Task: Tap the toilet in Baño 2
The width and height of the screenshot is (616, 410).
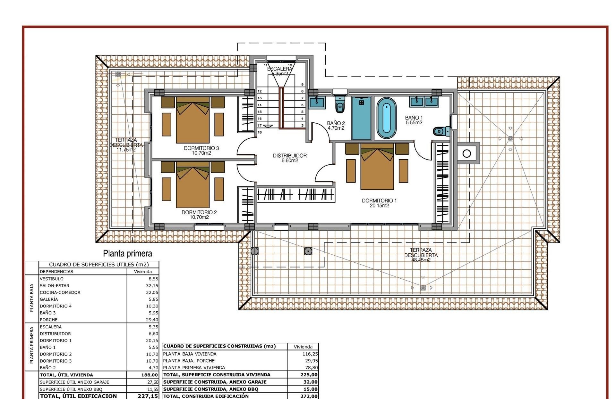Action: (340, 104)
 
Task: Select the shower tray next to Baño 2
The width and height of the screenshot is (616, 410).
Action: (361, 118)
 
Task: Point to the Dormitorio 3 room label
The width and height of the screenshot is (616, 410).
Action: (201, 150)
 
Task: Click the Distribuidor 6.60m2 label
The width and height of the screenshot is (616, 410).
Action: (290, 158)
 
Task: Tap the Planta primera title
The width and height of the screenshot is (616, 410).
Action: (127, 253)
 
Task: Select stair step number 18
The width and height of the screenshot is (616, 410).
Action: (260, 132)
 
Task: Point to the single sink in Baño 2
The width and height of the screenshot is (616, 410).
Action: (317, 102)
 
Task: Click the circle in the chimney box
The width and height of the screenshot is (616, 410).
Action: (467, 153)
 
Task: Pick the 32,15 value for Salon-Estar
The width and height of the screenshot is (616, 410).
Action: (152, 285)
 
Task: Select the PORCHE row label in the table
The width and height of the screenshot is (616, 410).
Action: (49, 319)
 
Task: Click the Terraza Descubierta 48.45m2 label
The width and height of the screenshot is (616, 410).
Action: (421, 255)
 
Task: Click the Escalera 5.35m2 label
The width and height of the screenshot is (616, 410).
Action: (279, 71)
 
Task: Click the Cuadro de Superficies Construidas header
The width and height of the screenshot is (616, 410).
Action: (219, 346)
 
